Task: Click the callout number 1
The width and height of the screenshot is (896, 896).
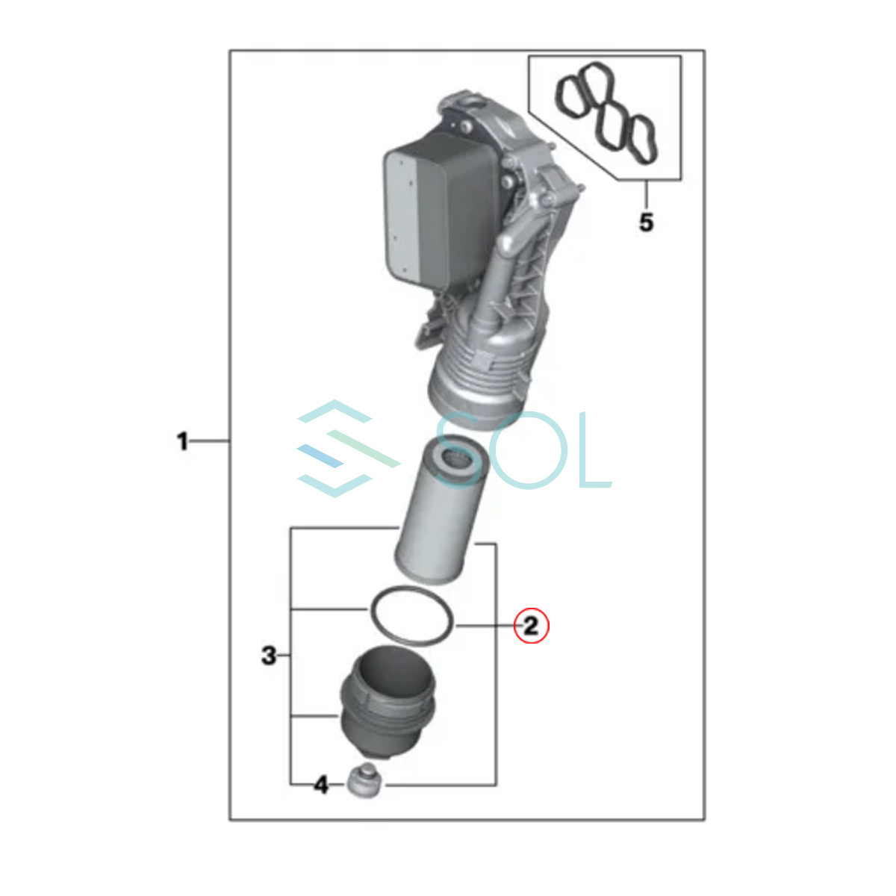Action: [x=183, y=441]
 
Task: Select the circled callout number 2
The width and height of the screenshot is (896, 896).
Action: [x=531, y=626]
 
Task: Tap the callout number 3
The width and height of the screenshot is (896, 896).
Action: [x=269, y=656]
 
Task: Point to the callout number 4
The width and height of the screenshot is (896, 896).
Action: [x=321, y=785]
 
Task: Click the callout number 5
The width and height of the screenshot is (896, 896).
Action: [x=647, y=223]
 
